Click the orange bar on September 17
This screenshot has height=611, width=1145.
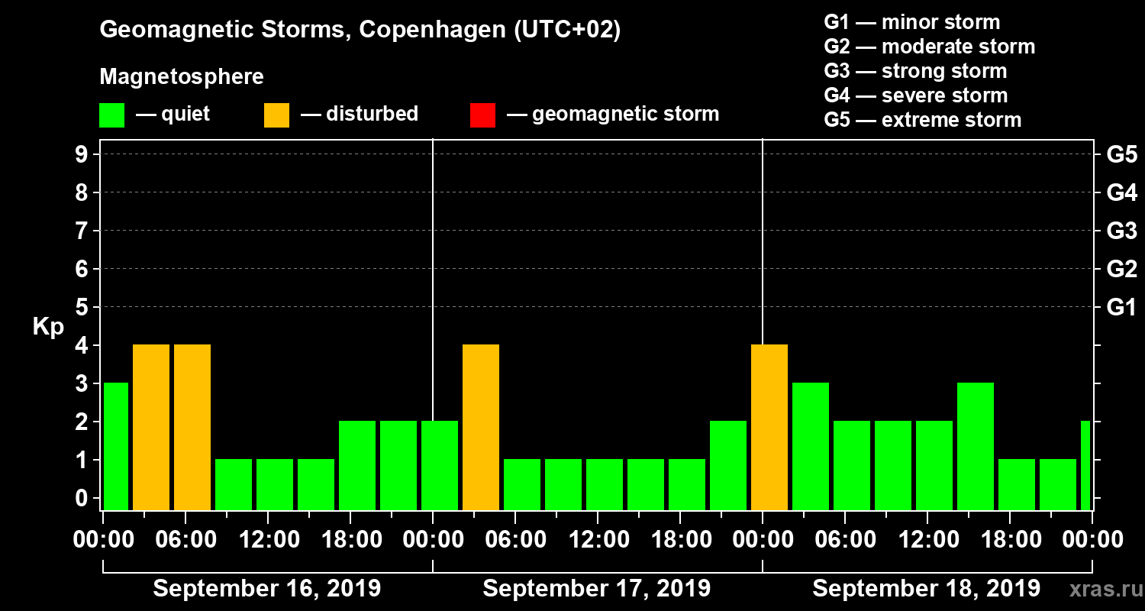(x=481, y=427)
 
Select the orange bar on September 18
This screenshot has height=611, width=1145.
(x=769, y=427)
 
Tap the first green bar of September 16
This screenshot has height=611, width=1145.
(x=116, y=446)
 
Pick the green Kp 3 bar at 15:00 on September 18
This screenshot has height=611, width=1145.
(x=976, y=446)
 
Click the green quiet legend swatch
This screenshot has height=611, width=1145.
(x=111, y=115)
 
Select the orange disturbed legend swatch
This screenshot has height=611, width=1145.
(x=276, y=115)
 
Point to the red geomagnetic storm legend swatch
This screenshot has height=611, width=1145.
(x=482, y=115)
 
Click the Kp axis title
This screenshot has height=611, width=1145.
(x=47, y=327)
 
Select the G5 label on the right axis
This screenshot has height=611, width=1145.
(x=1121, y=155)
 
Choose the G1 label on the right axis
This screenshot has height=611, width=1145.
(x=1121, y=308)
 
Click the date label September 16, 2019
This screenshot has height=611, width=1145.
(x=267, y=589)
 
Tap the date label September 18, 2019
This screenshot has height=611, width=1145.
(x=926, y=589)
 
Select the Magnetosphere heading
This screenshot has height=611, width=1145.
(x=182, y=77)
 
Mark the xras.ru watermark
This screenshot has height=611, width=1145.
(x=1099, y=589)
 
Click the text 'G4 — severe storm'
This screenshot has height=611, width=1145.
(x=915, y=95)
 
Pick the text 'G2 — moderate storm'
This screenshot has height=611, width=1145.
(x=929, y=47)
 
